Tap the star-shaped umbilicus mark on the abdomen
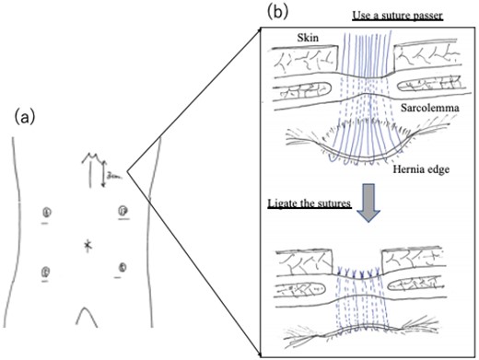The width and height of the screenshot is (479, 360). [x=88, y=244]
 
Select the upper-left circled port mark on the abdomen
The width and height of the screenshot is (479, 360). [x=46, y=214]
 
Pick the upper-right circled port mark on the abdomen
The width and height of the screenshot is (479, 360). [x=122, y=212]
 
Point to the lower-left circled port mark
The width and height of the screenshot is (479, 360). [x=46, y=270]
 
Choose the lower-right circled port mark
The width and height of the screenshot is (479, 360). [x=121, y=268]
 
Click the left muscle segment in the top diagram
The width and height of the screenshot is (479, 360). [x=303, y=97]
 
